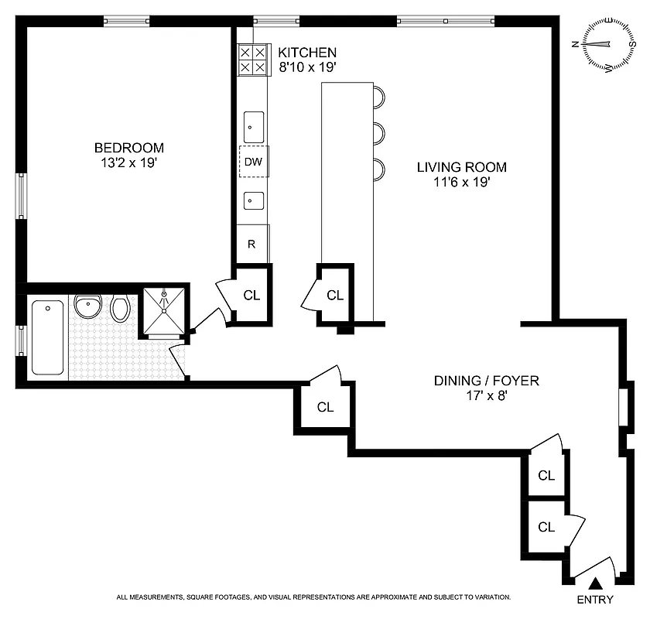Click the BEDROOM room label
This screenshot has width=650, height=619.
129,148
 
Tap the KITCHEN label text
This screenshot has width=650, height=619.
307,53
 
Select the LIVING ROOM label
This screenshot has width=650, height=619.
461,167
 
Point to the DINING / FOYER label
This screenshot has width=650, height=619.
486,381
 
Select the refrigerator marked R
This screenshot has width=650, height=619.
252,244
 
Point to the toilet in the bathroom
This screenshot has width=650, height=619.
120,309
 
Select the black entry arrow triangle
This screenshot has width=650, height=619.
595,584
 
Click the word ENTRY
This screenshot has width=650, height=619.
595,600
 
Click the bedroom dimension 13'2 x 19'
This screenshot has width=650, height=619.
129,163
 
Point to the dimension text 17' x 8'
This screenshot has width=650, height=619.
486,396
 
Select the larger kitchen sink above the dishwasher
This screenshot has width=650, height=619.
253,122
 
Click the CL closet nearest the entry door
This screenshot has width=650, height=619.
546,527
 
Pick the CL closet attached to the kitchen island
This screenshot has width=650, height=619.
335,295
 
